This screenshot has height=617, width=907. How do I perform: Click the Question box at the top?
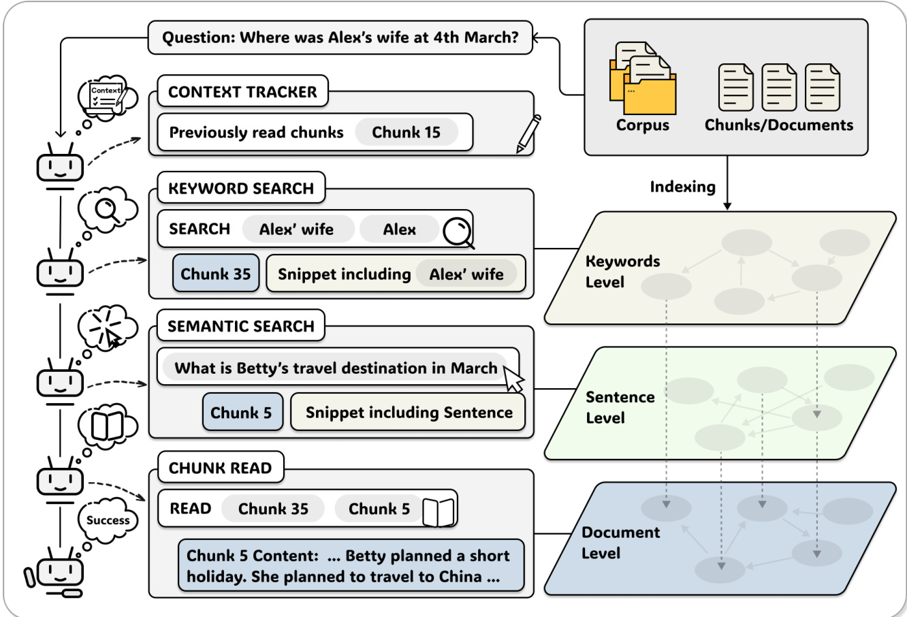pyautogui.click(x=340, y=37)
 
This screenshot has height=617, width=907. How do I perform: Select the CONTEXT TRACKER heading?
pyautogui.click(x=242, y=92)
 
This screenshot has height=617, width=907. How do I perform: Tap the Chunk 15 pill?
pyautogui.click(x=406, y=133)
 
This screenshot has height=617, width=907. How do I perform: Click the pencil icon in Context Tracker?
pyautogui.click(x=528, y=133)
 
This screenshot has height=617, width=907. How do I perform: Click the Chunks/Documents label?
pyautogui.click(x=778, y=125)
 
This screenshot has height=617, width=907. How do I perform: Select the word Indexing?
pyautogui.click(x=682, y=187)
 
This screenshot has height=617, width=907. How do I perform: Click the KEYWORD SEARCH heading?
pyautogui.click(x=241, y=189)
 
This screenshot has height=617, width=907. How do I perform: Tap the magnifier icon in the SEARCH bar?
pyautogui.click(x=458, y=232)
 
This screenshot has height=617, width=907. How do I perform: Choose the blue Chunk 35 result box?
pyautogui.click(x=216, y=274)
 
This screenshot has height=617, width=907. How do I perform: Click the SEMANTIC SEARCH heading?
pyautogui.click(x=241, y=326)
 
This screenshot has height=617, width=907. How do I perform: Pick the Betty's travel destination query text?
pyautogui.click(x=336, y=368)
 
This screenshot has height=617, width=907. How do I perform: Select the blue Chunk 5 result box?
pyautogui.click(x=242, y=412)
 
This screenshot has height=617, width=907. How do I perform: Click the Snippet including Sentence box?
pyautogui.click(x=408, y=412)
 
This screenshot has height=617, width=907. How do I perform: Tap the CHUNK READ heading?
pyautogui.click(x=220, y=468)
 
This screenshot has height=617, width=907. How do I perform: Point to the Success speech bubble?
pyautogui.click(x=108, y=520)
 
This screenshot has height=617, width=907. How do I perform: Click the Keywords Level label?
pyautogui.click(x=622, y=271)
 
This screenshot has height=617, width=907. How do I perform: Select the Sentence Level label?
pyautogui.click(x=620, y=407)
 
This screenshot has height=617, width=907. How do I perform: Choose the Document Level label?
pyautogui.click(x=620, y=543)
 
